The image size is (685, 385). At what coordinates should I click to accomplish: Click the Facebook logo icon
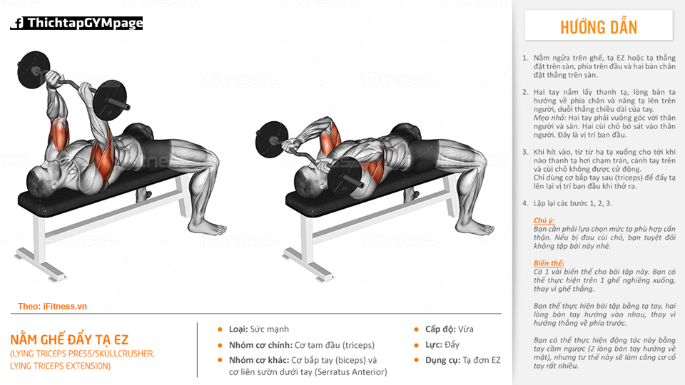point(18,23)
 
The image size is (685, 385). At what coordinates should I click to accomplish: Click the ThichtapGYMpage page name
point(85,23)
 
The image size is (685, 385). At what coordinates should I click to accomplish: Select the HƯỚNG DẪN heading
point(599,27)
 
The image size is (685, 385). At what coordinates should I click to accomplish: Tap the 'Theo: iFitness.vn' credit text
point(52,307)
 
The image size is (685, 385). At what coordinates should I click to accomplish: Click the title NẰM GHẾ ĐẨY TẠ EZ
point(69,339)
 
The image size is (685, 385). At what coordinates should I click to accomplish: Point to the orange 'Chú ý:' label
point(544,220)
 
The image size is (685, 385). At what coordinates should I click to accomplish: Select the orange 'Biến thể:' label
point(549,263)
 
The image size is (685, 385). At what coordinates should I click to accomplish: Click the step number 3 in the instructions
point(525,152)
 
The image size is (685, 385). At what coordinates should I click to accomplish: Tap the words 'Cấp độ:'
point(440,329)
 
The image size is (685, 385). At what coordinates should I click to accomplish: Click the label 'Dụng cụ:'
point(442,360)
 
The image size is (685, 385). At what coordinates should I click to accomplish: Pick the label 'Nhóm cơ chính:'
point(261,345)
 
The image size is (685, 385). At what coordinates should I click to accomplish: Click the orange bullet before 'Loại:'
point(220,329)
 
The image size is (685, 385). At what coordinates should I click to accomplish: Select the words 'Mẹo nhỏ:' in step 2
point(549,118)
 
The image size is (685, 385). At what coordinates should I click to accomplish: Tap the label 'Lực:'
point(434,345)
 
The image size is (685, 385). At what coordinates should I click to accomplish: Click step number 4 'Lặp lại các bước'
point(567,203)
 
